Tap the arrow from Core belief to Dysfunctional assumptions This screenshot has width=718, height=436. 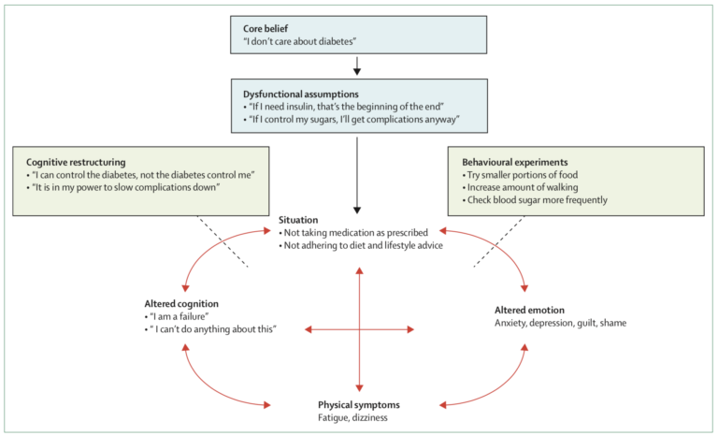358,65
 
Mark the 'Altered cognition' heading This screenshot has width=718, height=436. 183,303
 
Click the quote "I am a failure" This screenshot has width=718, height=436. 178,316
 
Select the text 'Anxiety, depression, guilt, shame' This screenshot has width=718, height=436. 560,323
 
